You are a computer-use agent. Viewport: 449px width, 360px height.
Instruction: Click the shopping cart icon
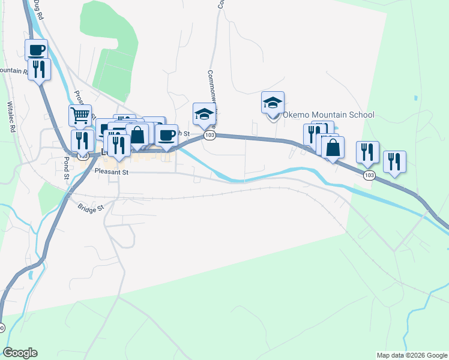80,115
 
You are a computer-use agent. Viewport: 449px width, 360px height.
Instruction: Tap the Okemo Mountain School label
328,115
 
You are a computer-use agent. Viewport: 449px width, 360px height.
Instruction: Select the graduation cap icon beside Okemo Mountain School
273,103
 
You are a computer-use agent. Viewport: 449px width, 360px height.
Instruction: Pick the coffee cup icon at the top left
37,50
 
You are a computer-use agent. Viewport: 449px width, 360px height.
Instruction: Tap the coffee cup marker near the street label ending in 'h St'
166,135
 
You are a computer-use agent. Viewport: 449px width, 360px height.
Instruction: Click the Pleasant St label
112,172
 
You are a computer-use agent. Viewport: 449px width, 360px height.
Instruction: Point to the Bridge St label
91,208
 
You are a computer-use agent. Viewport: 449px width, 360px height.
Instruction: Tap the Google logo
20,353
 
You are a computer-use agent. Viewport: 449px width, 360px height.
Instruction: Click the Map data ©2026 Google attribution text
411,355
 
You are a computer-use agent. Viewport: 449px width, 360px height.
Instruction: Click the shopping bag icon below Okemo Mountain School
333,147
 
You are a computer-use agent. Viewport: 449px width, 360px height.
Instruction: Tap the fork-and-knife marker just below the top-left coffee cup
39,69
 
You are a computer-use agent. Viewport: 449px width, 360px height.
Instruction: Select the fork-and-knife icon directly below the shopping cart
82,140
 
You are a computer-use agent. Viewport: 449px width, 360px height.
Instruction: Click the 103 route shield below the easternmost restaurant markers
369,175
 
